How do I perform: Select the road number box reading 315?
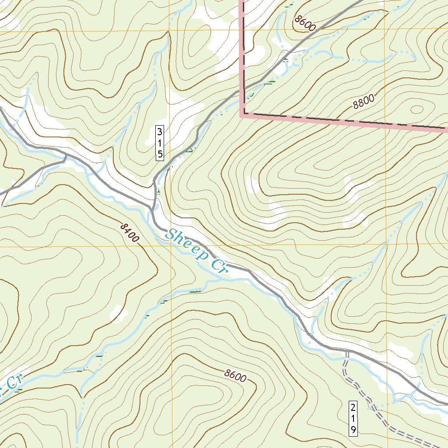click(160, 143)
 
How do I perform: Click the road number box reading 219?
click(353, 418)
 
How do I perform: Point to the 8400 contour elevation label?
click(129, 232)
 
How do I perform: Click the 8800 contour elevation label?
click(364, 102)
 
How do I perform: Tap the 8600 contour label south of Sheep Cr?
click(236, 376)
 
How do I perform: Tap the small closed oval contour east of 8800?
click(416, 109)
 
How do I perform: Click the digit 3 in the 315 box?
click(160, 131)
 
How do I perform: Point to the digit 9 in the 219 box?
click(353, 429)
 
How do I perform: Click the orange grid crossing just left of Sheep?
click(170, 246)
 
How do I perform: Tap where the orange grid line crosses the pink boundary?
click(387, 124)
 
